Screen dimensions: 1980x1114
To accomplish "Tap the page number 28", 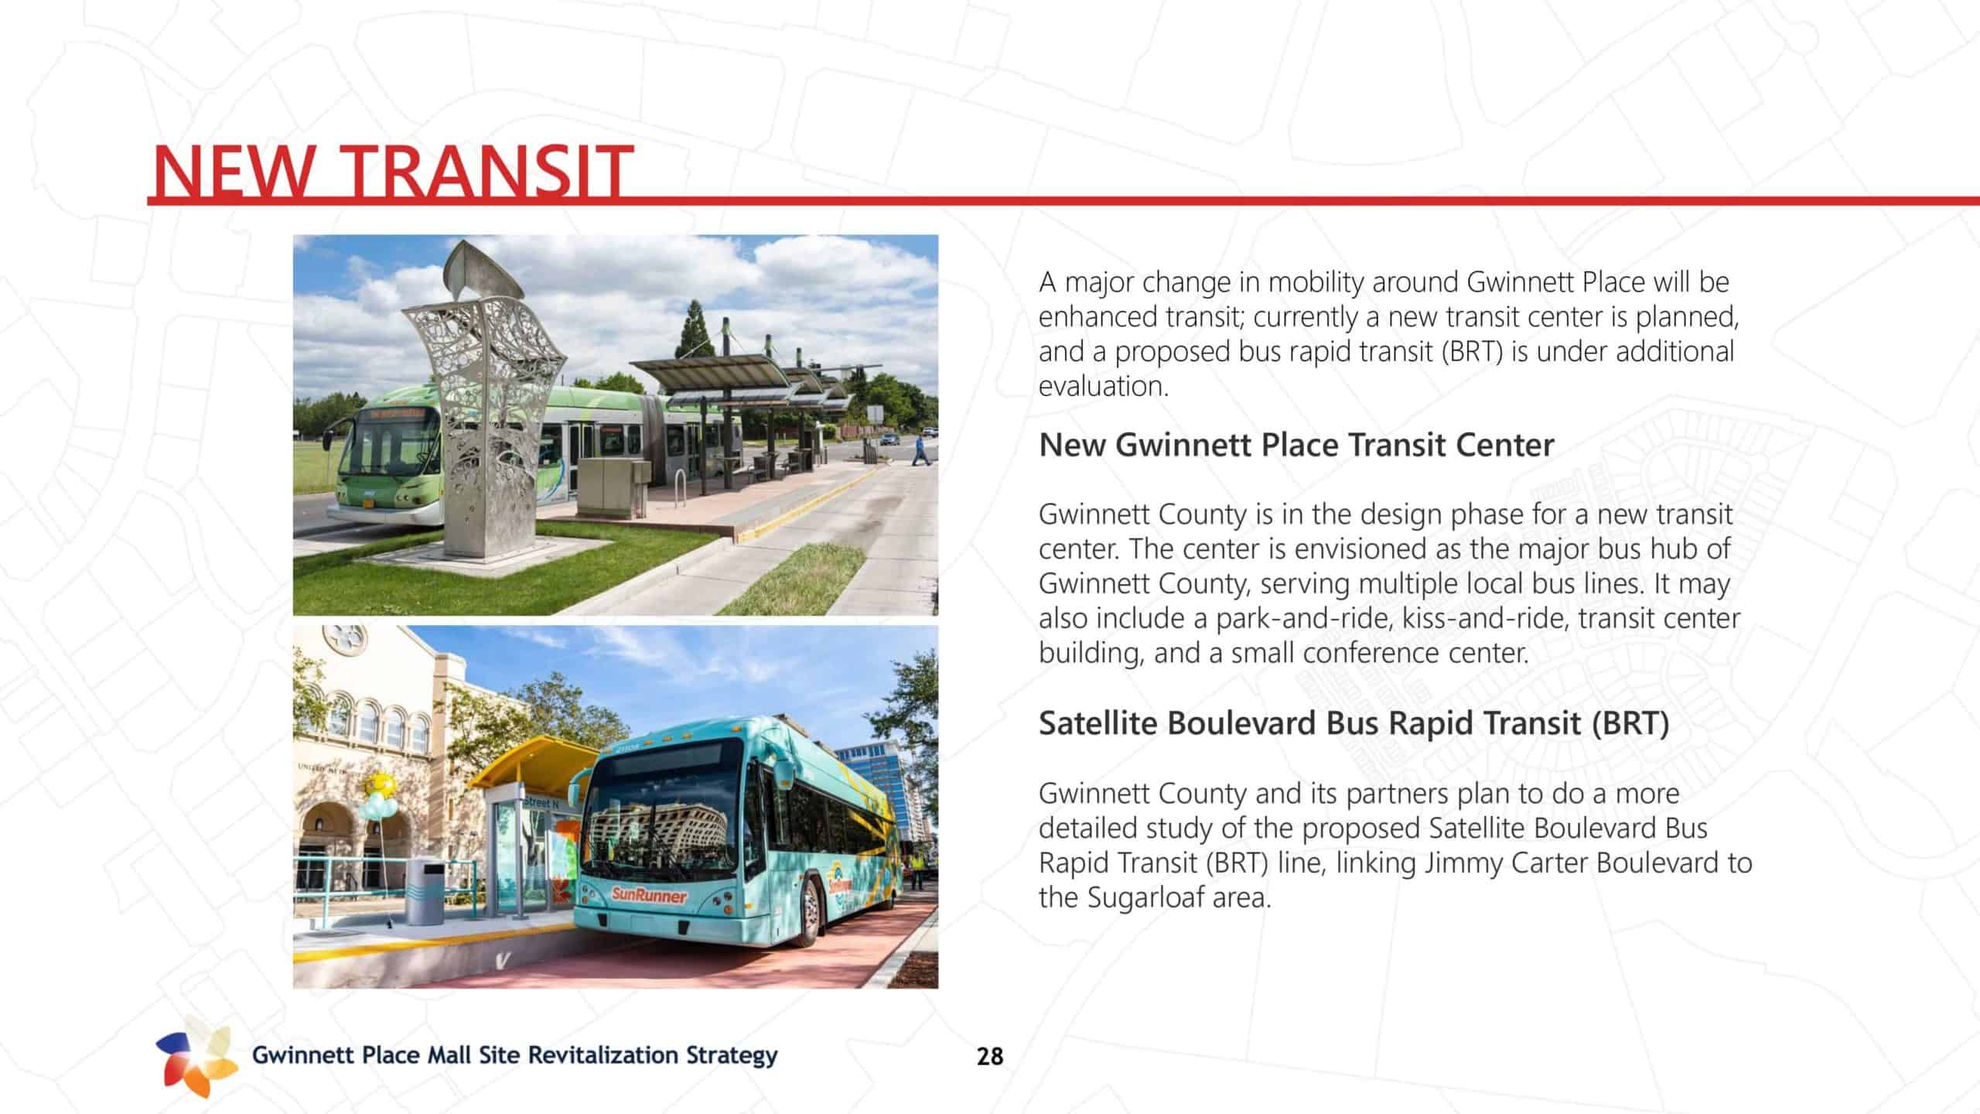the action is click(990, 1057).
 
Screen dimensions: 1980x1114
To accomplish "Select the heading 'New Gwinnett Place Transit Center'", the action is click(1296, 446).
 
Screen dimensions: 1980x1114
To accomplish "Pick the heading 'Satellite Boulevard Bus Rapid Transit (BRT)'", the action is click(1354, 723).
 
